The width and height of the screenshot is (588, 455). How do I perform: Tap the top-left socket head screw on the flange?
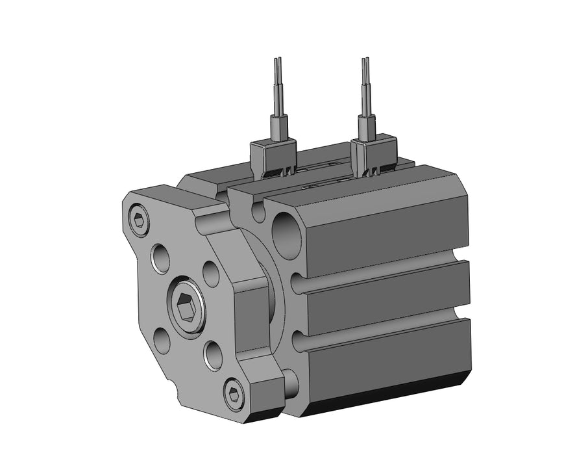click(x=138, y=221)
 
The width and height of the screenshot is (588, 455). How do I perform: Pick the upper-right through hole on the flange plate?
click(x=210, y=273)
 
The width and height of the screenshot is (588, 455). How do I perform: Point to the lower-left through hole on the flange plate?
click(x=162, y=340)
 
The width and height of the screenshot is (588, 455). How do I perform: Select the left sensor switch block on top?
click(x=273, y=157)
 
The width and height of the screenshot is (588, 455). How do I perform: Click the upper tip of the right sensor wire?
click(x=365, y=60)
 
